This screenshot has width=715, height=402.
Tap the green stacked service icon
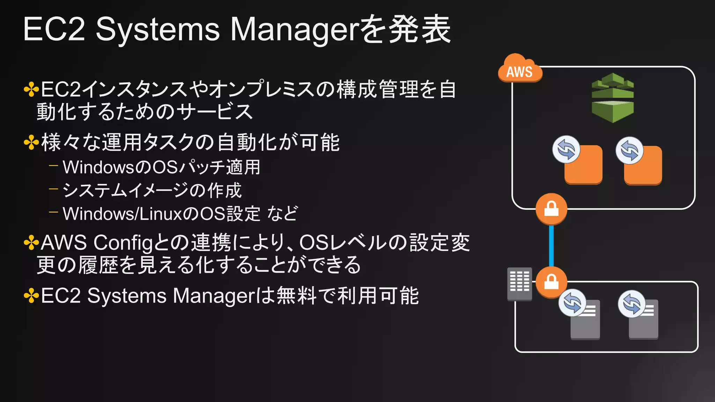pyautogui.click(x=613, y=98)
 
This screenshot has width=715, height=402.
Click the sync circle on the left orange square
pyautogui.click(x=566, y=149)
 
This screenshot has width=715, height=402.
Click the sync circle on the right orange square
pyautogui.click(x=629, y=150)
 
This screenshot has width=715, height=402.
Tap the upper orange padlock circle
pyautogui.click(x=551, y=209)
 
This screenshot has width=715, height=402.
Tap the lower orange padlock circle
pyautogui.click(x=551, y=282)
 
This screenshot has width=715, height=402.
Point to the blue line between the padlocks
pyautogui.click(x=551, y=246)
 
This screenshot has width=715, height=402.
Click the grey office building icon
pyautogui.click(x=519, y=284)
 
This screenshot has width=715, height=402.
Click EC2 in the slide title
pyautogui.click(x=54, y=29)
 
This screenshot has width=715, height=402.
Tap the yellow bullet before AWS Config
pyautogui.click(x=31, y=243)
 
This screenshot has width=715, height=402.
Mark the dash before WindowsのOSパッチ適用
pyautogui.click(x=53, y=165)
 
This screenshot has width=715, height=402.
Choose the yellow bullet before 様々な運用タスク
pyautogui.click(x=31, y=143)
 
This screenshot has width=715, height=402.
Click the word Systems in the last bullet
pyautogui.click(x=127, y=296)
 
